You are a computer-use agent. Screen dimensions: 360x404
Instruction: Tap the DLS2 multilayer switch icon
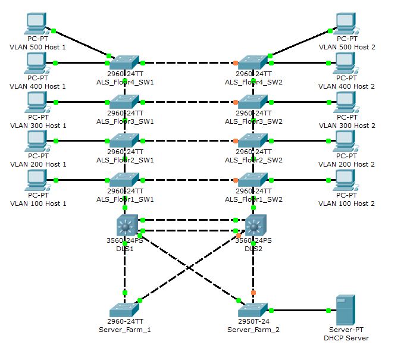tap(254, 226)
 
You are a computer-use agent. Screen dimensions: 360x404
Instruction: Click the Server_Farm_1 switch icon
tap(124, 309)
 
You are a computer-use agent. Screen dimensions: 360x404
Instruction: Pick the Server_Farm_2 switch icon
tap(253, 309)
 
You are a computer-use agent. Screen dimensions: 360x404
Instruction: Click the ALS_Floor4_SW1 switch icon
tap(124, 62)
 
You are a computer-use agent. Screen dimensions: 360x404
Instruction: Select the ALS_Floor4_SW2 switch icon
tap(253, 62)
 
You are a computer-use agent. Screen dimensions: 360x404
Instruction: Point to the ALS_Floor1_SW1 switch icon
tap(124, 179)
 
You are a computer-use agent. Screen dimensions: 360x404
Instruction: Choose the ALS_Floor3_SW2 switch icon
tap(253, 101)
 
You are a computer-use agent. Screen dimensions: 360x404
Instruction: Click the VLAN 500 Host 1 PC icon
tap(37, 24)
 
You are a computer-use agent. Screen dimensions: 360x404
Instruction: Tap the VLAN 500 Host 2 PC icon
tap(346, 24)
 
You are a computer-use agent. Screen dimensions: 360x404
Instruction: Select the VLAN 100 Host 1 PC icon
tap(37, 180)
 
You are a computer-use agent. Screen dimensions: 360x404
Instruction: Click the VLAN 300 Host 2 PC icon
tap(346, 102)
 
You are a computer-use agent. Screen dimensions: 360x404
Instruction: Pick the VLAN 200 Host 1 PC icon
tap(37, 142)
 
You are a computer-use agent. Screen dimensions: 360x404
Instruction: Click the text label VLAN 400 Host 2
tap(347, 86)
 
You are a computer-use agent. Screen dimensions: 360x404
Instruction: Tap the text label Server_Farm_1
tap(124, 330)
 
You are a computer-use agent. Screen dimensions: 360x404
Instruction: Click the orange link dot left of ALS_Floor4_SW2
tap(236, 62)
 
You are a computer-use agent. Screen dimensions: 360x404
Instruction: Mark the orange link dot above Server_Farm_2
tap(253, 293)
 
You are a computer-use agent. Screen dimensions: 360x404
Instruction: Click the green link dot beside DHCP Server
tap(328, 310)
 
